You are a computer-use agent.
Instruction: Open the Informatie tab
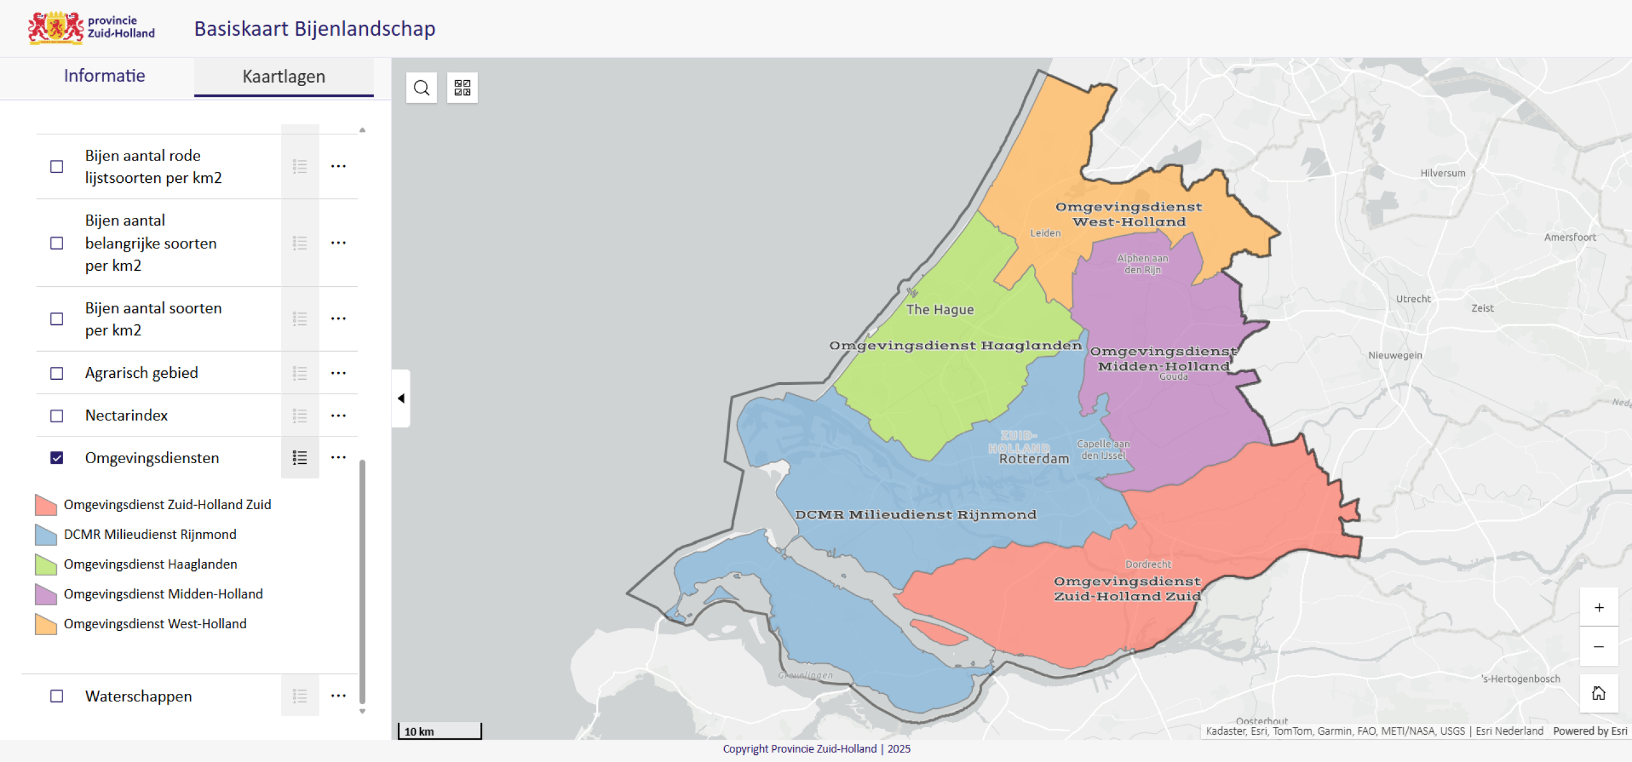[104, 76]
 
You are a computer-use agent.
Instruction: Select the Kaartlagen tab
[284, 76]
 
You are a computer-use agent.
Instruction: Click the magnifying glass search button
[421, 87]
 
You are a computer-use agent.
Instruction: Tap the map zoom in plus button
[1598, 607]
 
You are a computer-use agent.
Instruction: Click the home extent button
[1598, 693]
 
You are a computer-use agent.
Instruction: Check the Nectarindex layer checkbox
[57, 416]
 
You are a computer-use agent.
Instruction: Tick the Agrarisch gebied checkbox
[57, 373]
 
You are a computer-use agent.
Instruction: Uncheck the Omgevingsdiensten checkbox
[57, 458]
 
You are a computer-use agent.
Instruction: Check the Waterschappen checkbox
[57, 696]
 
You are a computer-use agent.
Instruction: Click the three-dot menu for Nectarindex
[339, 416]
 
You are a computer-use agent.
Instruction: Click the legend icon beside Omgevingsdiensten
[300, 458]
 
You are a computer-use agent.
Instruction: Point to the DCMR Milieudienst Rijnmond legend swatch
[46, 535]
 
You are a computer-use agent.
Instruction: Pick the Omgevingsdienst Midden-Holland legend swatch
[46, 594]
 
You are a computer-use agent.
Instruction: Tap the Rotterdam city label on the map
[1033, 459]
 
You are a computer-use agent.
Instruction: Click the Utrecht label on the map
[1413, 299]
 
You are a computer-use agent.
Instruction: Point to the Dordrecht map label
[1147, 564]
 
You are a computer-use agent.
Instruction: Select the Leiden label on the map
[1045, 233]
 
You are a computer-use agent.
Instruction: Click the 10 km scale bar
[439, 731]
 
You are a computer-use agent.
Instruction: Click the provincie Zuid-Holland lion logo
[56, 28]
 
